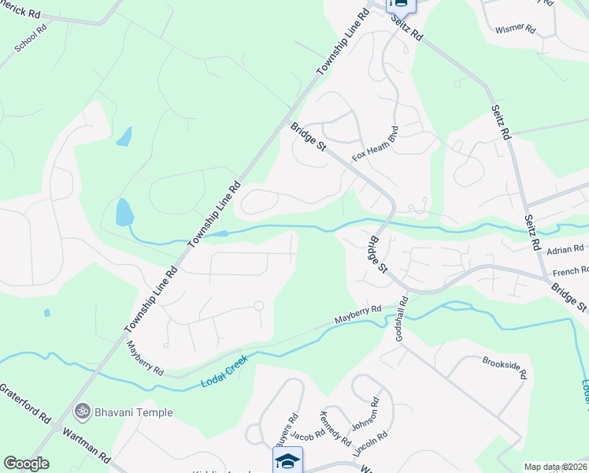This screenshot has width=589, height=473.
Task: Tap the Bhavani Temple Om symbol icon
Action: (82, 412)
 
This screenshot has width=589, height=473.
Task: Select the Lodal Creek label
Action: (224, 371)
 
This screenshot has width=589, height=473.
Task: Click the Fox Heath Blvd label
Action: (376, 143)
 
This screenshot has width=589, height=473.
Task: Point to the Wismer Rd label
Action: (515, 29)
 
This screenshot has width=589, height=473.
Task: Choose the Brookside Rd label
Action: (503, 367)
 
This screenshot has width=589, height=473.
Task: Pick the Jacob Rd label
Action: (307, 435)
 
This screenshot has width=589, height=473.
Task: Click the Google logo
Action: (26, 464)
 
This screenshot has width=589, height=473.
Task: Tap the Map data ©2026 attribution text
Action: (554, 467)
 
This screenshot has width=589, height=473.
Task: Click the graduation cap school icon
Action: (287, 460)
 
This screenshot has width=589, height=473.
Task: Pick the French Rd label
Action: (570, 271)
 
